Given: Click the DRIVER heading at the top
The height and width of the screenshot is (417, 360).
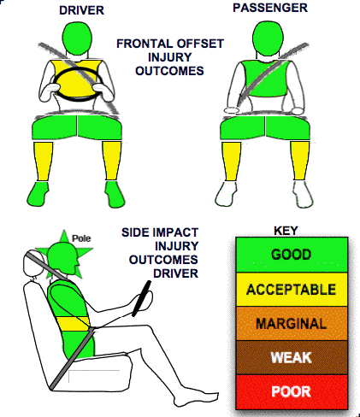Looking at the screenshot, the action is click(x=81, y=10).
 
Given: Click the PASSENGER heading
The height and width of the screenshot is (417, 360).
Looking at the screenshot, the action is click(x=270, y=8).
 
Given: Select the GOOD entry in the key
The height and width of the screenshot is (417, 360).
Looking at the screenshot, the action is click(x=292, y=255).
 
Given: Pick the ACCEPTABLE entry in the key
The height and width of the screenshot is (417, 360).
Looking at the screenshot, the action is click(x=292, y=290).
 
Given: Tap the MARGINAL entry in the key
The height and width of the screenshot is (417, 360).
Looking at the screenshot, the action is click(x=292, y=324).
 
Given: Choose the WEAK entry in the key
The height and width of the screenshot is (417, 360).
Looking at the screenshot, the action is click(x=292, y=357).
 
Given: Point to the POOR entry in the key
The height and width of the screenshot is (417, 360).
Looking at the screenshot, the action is click(x=292, y=391).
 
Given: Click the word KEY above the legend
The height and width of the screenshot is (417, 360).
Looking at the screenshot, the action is click(x=286, y=231).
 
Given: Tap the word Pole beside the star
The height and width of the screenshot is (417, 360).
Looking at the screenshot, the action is click(x=81, y=238).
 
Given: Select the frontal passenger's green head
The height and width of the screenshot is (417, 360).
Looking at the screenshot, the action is click(x=268, y=38).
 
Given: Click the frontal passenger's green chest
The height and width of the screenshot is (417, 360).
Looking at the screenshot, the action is click(x=265, y=79).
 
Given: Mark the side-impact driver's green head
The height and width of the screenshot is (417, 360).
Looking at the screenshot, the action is click(x=63, y=259).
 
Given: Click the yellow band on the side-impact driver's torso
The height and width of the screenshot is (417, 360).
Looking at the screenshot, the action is click(x=72, y=324).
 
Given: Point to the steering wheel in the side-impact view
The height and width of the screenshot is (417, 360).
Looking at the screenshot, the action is click(x=142, y=298).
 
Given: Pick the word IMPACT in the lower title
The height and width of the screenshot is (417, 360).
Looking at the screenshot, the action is click(x=174, y=232).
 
